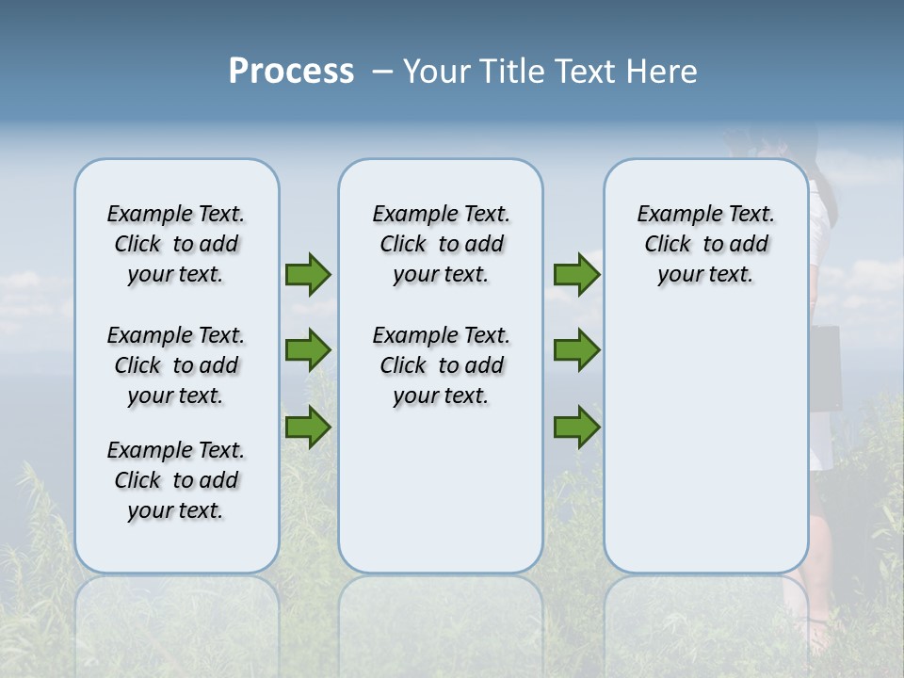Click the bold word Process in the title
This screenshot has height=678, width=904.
click(x=291, y=72)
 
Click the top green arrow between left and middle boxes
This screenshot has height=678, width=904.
click(x=308, y=275)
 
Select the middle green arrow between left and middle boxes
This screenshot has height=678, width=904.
click(x=308, y=350)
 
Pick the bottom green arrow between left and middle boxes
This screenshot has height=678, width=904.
click(x=308, y=428)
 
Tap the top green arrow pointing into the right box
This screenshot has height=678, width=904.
click(x=576, y=275)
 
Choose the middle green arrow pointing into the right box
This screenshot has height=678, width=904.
click(x=576, y=350)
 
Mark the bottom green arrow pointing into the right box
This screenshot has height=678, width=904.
click(x=576, y=428)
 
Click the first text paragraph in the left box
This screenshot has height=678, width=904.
click(x=176, y=244)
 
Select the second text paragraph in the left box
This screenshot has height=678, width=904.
click(x=176, y=365)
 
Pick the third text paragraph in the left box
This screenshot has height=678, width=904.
click(x=176, y=480)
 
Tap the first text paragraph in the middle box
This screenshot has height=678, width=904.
click(x=441, y=244)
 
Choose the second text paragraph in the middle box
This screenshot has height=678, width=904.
click(x=441, y=365)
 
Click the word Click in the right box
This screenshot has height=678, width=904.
click(x=668, y=244)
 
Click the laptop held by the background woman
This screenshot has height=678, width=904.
click(x=824, y=367)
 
